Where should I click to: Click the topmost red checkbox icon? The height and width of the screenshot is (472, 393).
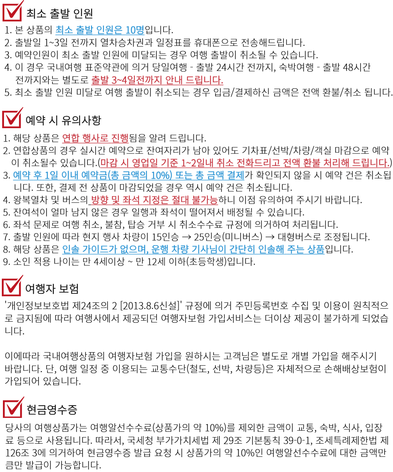click(x=12, y=12)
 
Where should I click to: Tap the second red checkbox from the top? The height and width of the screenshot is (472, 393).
click(x=12, y=118)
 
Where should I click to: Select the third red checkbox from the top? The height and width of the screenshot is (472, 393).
click(x=12, y=286)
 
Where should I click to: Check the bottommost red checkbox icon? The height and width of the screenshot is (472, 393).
click(x=13, y=408)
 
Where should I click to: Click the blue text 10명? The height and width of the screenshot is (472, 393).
click(x=135, y=30)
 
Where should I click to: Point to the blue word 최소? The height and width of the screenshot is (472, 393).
click(x=64, y=30)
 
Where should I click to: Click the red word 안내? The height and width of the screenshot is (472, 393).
click(x=174, y=80)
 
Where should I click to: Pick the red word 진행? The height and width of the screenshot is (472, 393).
click(x=120, y=138)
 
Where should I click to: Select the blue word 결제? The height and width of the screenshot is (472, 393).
click(x=235, y=176)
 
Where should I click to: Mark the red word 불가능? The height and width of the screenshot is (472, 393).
click(x=205, y=200)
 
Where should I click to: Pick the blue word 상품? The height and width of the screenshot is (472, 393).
click(x=315, y=249)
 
